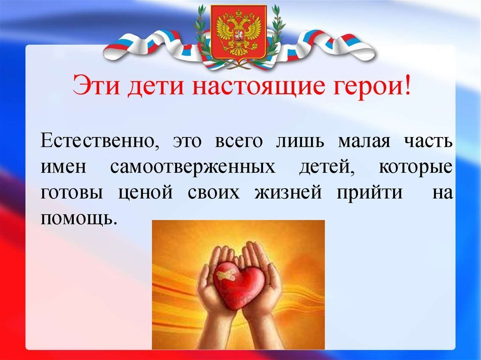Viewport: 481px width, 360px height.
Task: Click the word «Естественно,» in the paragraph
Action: [99, 141]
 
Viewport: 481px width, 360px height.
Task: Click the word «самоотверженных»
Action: [193, 167]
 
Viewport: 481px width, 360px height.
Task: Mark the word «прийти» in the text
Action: [370, 193]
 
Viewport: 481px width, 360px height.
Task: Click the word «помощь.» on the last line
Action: [78, 219]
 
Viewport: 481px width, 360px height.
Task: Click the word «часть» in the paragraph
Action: [429, 141]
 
